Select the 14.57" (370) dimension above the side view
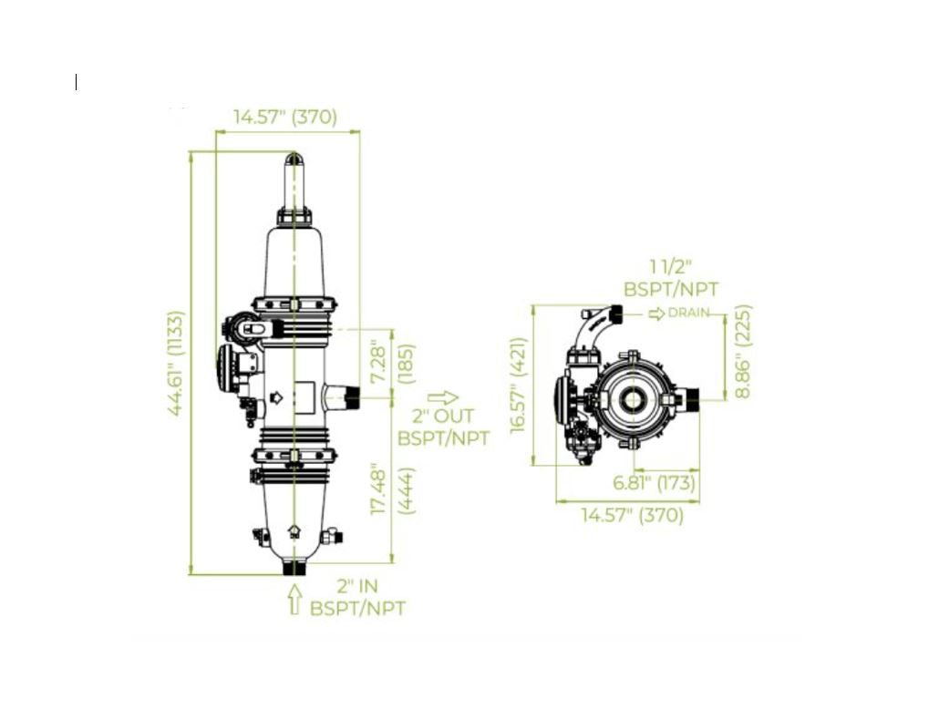(x=285, y=117)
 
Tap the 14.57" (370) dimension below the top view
(x=633, y=515)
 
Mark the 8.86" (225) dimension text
(x=742, y=351)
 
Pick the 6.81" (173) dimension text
(x=653, y=483)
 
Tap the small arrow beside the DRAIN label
(x=656, y=314)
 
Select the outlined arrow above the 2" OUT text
(x=442, y=397)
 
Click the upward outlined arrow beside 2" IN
(x=294, y=599)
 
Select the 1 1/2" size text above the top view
(x=671, y=266)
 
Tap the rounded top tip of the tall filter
(x=294, y=159)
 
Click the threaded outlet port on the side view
(x=347, y=396)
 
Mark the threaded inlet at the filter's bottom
(x=294, y=566)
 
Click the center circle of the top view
(x=631, y=399)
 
